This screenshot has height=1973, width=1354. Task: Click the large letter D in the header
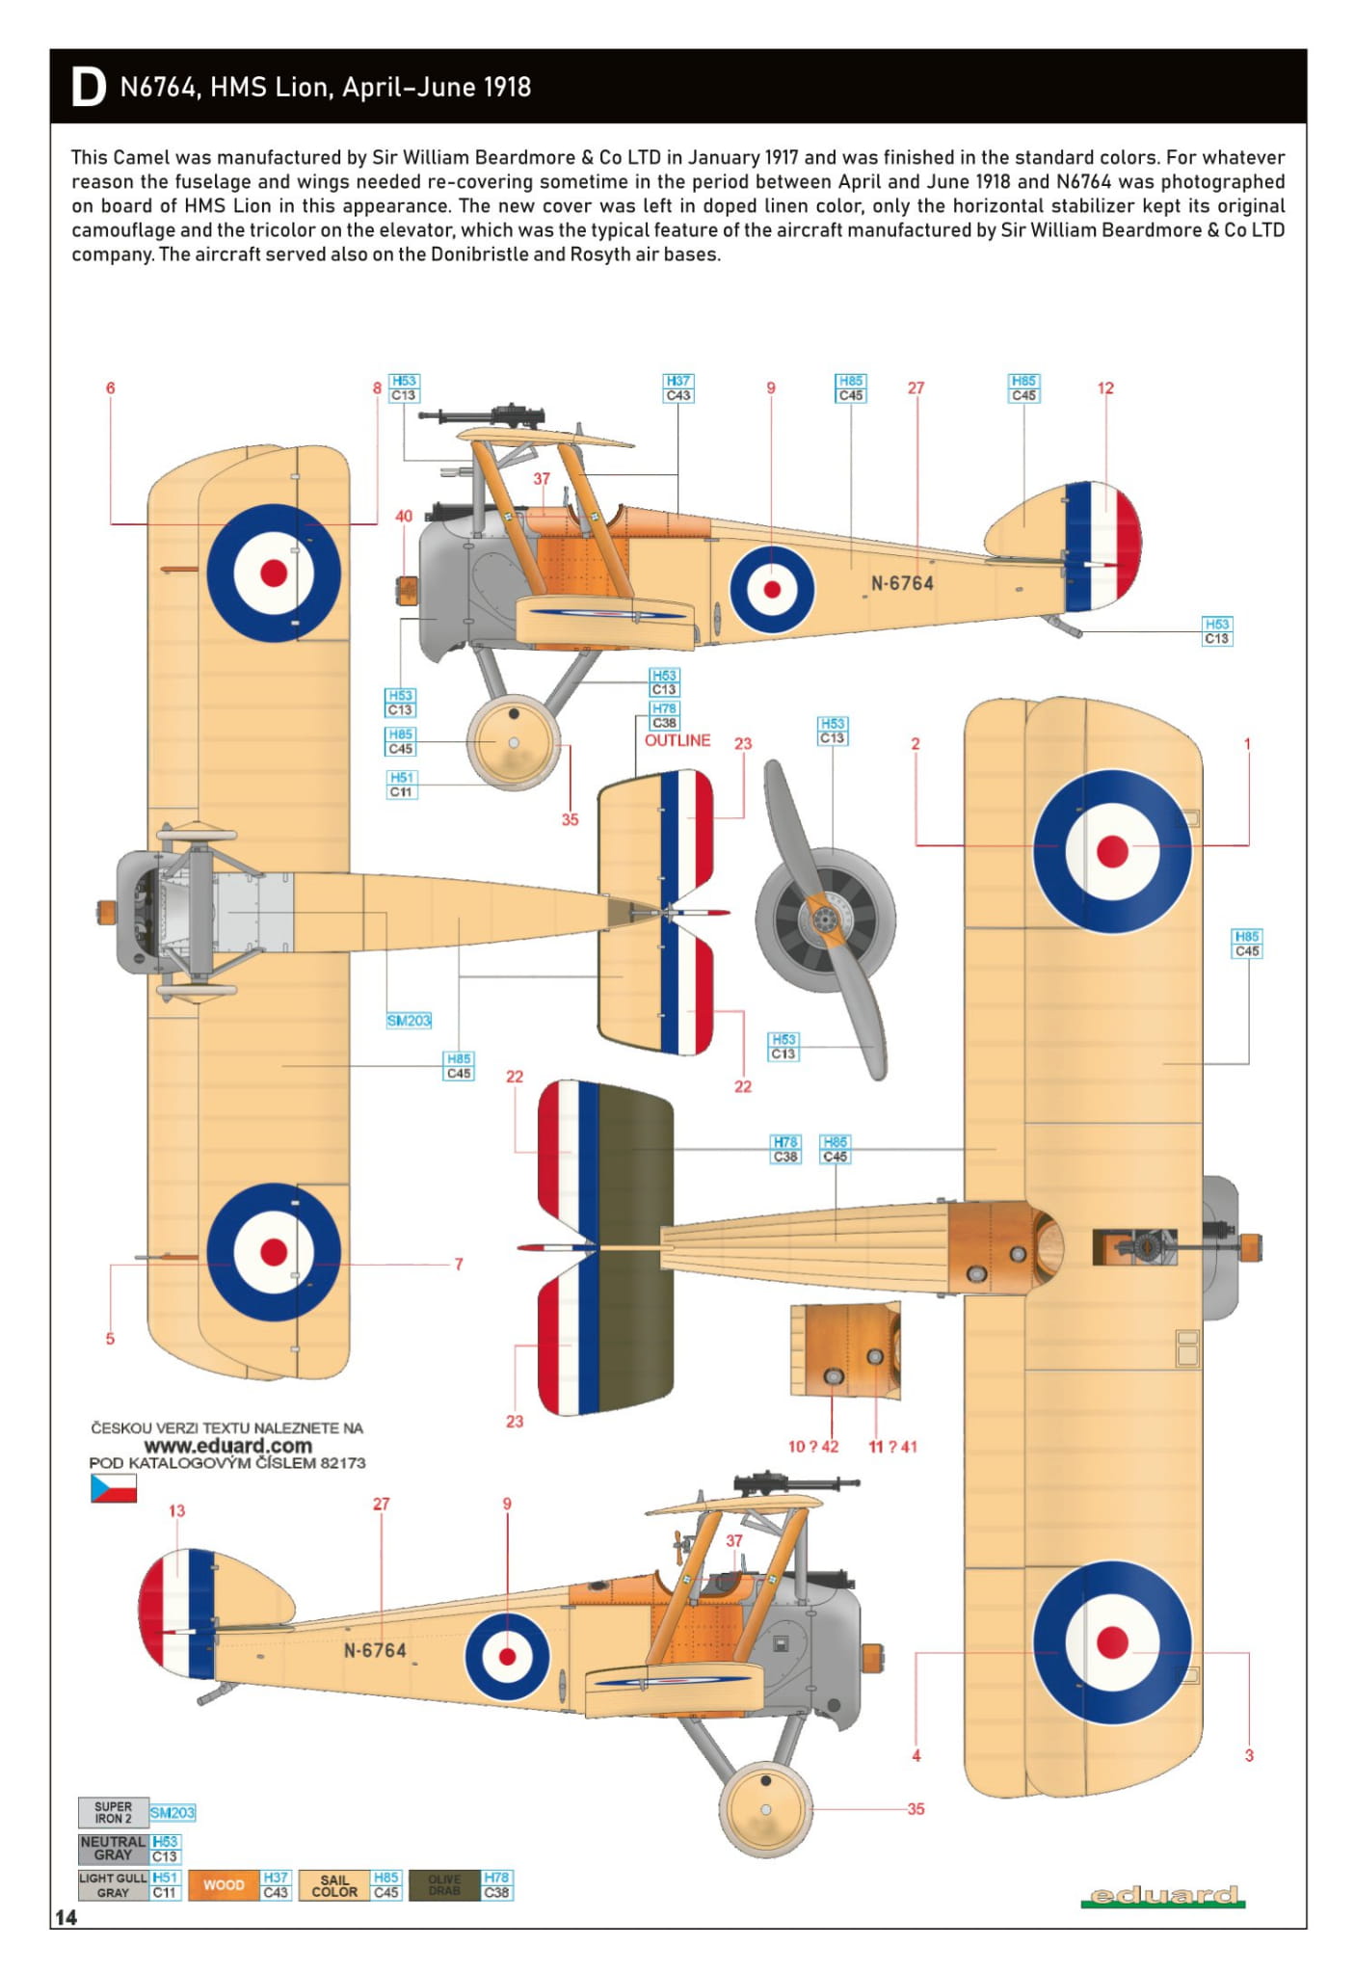tap(88, 88)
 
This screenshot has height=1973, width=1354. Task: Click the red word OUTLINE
tap(677, 740)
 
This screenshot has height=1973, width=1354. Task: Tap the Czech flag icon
tap(113, 1488)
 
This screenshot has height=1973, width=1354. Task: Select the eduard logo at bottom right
tap(1162, 1896)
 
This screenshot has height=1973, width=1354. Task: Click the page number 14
tap(66, 1917)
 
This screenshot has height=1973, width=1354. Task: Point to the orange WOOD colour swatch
tap(224, 1884)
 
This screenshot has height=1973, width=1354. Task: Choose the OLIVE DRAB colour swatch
tap(444, 1884)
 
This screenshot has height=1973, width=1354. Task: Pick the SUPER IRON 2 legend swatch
tap(113, 1812)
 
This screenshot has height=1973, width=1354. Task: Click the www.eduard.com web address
tap(227, 1446)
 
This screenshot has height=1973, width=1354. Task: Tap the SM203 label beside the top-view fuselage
tap(409, 1020)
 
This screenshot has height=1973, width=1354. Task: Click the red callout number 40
tap(404, 516)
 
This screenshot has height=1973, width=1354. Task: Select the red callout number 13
tap(176, 1510)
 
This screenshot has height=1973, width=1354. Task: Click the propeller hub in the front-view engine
tap(824, 920)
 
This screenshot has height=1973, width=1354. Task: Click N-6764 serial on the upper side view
tap(902, 583)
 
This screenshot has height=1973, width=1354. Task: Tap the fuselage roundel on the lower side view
tap(507, 1656)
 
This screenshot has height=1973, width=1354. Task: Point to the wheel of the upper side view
tap(513, 742)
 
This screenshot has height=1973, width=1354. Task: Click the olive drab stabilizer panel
tap(634, 1248)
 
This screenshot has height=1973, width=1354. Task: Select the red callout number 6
tap(110, 387)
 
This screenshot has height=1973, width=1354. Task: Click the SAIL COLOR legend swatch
tap(334, 1884)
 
